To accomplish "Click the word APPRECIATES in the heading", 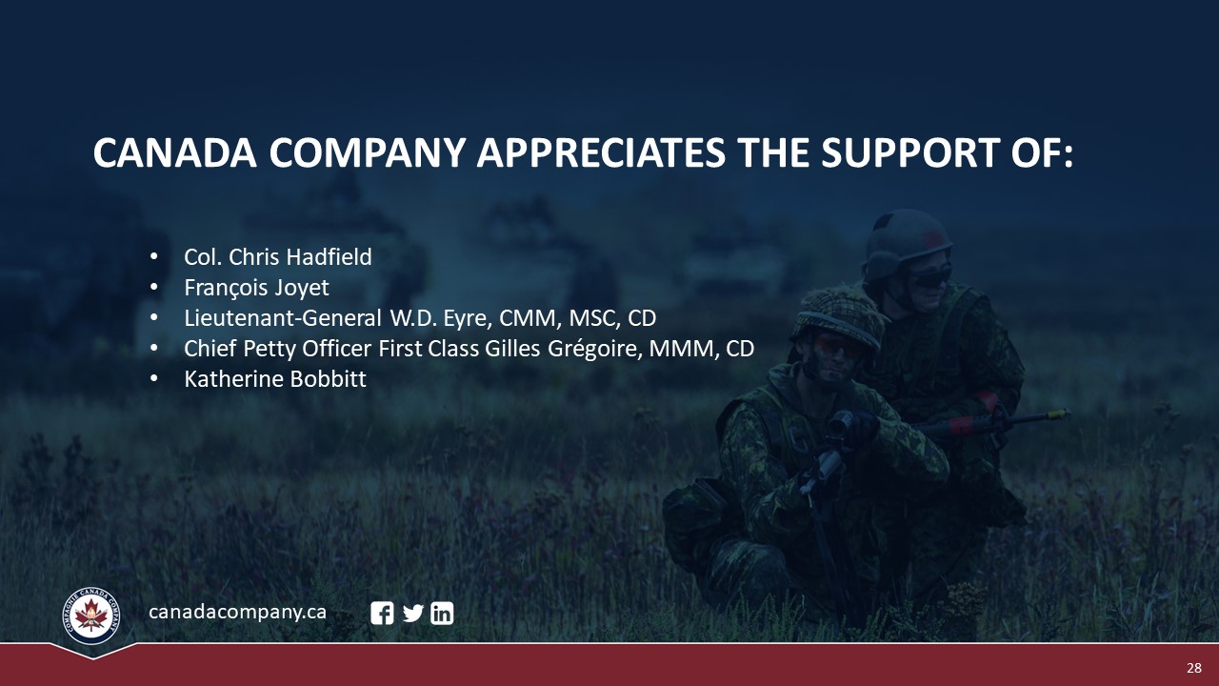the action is [601, 152].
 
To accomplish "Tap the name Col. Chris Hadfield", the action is [277, 257].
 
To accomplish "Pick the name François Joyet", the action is [256, 288].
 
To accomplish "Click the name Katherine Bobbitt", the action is [275, 379].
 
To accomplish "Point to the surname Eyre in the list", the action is [468, 319].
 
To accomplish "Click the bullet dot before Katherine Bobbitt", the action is [154, 378].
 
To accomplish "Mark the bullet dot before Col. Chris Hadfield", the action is [154, 256].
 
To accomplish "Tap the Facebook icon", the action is [382, 613].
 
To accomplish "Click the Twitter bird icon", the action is [413, 614].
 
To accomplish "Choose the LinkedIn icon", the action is [442, 613].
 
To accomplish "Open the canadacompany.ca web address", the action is [237, 612].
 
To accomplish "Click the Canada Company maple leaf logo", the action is [91, 615].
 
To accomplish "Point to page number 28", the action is [1194, 668].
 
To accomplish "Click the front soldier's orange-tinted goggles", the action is [838, 346].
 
